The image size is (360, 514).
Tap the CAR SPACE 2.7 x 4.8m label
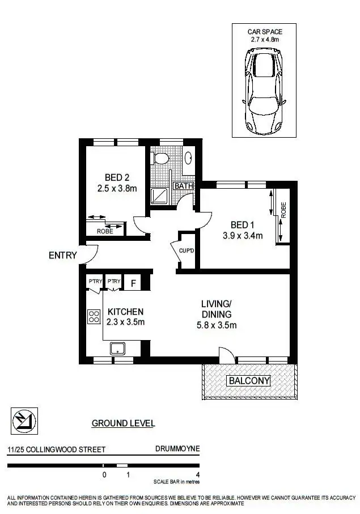264,35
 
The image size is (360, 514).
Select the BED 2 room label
117,177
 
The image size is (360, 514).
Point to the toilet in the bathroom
160,157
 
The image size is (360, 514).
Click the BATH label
184,186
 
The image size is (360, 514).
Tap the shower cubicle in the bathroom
159,196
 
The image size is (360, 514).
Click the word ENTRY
62,256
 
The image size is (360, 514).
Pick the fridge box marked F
133,282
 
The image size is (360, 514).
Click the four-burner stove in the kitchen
94,316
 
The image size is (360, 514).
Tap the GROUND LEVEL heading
123,423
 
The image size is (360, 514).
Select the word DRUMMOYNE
177,449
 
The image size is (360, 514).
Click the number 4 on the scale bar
197,475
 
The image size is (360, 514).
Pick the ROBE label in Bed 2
105,231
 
